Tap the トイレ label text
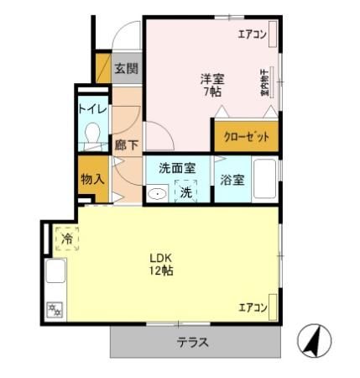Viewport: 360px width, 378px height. click(91, 108)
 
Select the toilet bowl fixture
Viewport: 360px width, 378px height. click(92, 134)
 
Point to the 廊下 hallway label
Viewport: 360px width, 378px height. click(126, 145)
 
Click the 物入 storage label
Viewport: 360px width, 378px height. click(91, 178)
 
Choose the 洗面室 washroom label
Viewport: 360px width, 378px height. click(177, 168)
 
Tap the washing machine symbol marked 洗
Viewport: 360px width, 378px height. click(185, 192)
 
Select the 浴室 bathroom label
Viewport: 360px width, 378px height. click(232, 180)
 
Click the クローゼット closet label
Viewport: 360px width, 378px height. click(246, 137)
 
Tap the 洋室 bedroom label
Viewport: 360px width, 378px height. click(211, 78)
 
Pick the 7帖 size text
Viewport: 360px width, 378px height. click(211, 92)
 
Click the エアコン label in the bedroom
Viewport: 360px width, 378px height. click(252, 34)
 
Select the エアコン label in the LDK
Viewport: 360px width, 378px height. click(252, 306)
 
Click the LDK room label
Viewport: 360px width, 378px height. click(161, 257)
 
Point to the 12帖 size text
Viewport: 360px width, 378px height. click(161, 271)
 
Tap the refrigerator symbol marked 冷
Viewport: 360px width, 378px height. click(67, 239)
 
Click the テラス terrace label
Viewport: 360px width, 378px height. click(192, 343)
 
